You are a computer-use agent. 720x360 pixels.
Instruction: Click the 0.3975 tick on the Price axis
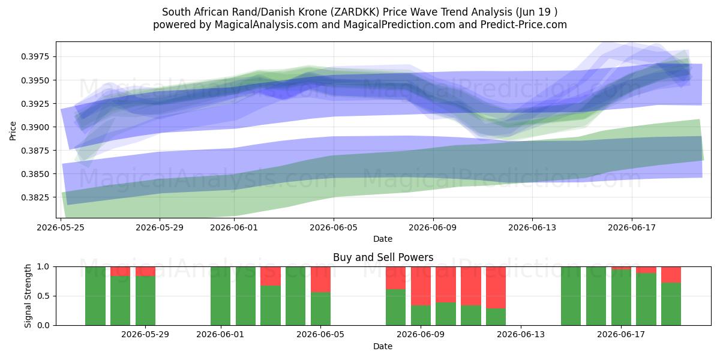point(35,57)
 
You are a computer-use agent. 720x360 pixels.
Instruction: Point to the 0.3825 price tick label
point(35,197)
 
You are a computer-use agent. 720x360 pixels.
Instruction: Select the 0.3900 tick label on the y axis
point(35,127)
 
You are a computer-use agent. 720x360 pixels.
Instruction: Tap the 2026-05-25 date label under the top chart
point(61,228)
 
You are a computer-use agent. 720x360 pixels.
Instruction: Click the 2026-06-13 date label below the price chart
point(532,228)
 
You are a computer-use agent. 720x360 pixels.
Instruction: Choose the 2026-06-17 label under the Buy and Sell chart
point(620,335)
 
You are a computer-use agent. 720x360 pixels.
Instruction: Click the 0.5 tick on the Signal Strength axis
point(43,296)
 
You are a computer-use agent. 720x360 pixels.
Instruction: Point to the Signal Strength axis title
point(28,296)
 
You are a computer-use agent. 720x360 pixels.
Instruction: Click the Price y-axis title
point(13,131)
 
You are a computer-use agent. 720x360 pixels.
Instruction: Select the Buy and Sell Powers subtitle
point(383,257)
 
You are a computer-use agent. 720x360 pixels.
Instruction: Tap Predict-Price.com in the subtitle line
point(524,25)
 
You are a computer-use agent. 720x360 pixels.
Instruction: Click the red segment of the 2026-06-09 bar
point(421,286)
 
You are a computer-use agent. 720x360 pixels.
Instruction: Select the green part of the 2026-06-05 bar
point(320,309)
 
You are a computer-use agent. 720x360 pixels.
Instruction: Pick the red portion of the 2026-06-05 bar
point(320,280)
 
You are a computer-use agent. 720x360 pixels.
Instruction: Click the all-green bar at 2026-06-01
point(221,296)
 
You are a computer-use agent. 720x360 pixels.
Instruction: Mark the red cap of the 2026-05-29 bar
point(145,271)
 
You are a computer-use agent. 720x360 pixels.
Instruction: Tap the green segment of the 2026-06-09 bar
point(421,316)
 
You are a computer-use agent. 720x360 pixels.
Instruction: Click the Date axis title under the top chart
point(383,239)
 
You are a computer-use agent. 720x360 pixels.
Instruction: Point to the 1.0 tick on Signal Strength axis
point(43,267)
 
